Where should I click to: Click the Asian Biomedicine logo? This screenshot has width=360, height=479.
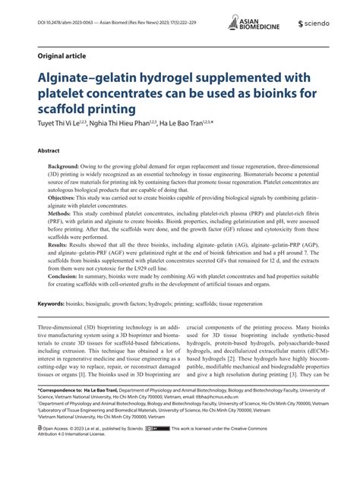click(x=254, y=24)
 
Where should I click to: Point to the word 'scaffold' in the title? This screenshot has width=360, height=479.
click(x=61, y=108)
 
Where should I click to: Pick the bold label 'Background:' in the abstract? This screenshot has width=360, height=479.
click(x=68, y=165)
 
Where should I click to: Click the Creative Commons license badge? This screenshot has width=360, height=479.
click(x=161, y=449)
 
